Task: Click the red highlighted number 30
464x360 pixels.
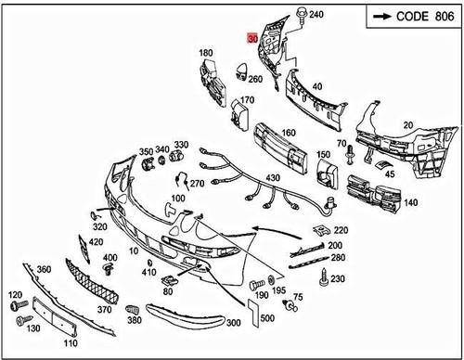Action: [x=252, y=38]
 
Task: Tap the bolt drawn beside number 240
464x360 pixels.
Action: [x=301, y=14]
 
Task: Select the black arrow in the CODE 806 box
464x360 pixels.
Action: [x=382, y=17]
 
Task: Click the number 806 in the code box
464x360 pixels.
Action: [x=445, y=16]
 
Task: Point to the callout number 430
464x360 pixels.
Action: [x=273, y=178]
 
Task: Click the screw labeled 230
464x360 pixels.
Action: [x=324, y=277]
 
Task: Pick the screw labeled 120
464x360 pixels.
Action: [x=19, y=304]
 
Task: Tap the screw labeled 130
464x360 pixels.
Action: [x=24, y=320]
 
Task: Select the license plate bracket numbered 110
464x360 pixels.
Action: [x=55, y=317]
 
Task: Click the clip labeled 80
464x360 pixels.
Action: [x=170, y=280]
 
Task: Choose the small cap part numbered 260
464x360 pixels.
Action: [x=242, y=71]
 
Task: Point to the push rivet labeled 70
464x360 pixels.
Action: [x=350, y=155]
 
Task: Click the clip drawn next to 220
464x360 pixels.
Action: [x=322, y=229]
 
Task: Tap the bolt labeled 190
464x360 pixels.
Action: [x=256, y=284]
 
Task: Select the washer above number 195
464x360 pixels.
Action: [x=272, y=280]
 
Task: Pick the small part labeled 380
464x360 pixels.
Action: [x=132, y=309]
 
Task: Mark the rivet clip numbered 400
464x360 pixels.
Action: [x=108, y=270]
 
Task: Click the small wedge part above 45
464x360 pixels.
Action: [x=381, y=165]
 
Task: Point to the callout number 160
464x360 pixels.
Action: [x=289, y=133]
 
